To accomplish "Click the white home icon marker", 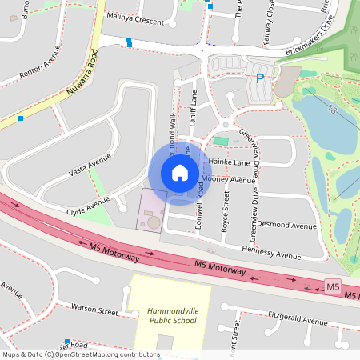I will tap(180, 172).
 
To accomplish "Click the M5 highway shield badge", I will tap(334, 286).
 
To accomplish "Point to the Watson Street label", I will tap(94, 306).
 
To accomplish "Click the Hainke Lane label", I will tap(230, 160).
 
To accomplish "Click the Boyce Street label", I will tap(226, 216).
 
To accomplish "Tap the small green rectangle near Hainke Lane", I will tap(220, 142).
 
